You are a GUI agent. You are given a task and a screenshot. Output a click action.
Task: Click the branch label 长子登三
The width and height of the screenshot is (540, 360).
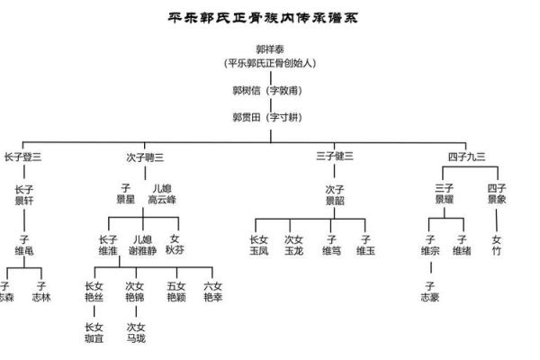coord(23,157)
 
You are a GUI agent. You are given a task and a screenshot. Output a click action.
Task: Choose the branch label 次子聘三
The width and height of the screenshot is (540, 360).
coord(146,157)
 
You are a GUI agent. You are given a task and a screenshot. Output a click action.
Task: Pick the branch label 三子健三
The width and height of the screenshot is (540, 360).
coord(335,157)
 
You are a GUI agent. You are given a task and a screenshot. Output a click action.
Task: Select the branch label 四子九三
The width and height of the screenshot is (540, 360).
coord(466,157)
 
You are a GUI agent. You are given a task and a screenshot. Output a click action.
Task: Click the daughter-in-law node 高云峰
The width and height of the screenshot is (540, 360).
coord(162,194)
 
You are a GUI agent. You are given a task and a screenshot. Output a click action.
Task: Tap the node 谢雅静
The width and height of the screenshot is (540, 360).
coord(143,246)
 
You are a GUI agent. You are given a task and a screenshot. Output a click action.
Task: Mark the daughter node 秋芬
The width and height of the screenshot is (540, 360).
coord(175,246)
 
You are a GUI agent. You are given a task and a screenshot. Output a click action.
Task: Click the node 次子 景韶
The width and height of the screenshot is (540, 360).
coord(335,194)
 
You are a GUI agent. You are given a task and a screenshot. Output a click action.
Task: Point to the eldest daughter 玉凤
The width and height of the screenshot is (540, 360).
coord(259,246)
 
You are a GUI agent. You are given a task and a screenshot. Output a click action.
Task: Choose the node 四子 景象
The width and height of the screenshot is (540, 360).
coord(497,194)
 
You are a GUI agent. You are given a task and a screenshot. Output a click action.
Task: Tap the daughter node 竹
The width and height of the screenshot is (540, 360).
coord(497,246)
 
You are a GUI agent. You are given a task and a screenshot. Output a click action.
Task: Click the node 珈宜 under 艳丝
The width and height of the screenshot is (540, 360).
coord(94,333)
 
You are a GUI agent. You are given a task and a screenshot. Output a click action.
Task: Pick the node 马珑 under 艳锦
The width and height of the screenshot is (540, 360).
coord(136,333)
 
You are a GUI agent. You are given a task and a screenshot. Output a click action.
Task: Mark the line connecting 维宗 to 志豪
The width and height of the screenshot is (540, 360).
coord(430,269)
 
